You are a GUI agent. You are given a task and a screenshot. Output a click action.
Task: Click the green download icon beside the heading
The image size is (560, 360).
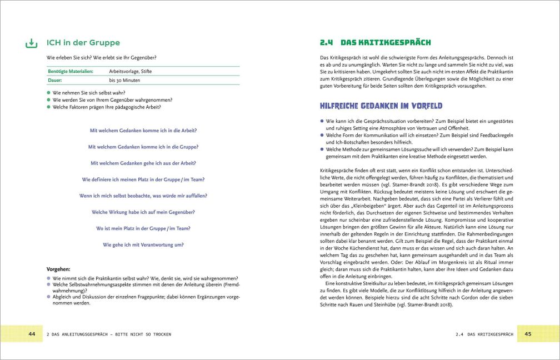coord(32,43)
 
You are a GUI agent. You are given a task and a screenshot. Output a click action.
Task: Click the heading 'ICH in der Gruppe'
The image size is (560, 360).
coord(83,43)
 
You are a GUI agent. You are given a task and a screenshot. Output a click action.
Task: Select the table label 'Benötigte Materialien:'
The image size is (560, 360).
coord(70,71)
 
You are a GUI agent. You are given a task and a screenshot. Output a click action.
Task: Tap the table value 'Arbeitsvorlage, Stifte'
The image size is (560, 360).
coord(130,71)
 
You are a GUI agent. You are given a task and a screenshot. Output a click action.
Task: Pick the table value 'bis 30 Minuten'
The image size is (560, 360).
coord(123,81)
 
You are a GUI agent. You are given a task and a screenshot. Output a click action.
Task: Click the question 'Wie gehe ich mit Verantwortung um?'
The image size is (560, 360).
coord(143,244)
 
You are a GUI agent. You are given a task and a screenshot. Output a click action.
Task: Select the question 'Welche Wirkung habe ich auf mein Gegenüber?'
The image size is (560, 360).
coord(143,212)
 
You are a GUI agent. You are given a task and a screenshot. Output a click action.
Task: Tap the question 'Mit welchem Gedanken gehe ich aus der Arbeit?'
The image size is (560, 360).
coord(143,163)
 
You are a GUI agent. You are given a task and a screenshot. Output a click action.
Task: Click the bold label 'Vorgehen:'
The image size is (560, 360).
coord(58,268)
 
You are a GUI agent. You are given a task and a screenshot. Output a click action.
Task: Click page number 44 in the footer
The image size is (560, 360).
coord(32,334)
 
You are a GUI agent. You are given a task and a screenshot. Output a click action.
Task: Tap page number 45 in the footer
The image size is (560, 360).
coord(528,334)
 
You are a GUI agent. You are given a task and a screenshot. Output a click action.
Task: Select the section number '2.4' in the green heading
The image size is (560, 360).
coord(327,43)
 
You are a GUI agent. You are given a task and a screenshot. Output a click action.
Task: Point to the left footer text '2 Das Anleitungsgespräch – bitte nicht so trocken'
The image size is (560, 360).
coord(109,334)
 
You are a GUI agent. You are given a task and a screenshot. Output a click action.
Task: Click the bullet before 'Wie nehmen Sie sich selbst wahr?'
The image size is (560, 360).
coord(49,92)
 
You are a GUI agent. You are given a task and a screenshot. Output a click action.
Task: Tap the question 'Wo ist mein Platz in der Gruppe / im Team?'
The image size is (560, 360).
coord(143,228)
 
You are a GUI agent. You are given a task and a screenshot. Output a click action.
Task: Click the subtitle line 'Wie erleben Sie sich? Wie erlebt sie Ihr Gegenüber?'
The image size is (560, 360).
coord(101,58)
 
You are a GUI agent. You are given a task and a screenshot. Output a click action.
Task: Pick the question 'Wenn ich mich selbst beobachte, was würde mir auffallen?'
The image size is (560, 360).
coord(143,196)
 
